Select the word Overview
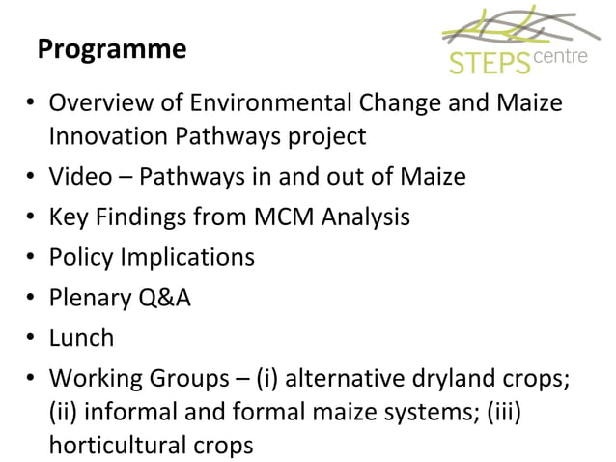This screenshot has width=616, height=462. (97, 102)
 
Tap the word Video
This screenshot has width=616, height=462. (79, 178)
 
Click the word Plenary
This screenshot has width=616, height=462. (91, 298)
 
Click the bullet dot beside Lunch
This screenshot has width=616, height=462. (32, 338)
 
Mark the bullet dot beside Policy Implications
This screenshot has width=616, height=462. (32, 258)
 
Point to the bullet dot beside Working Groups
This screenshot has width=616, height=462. (32, 378)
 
